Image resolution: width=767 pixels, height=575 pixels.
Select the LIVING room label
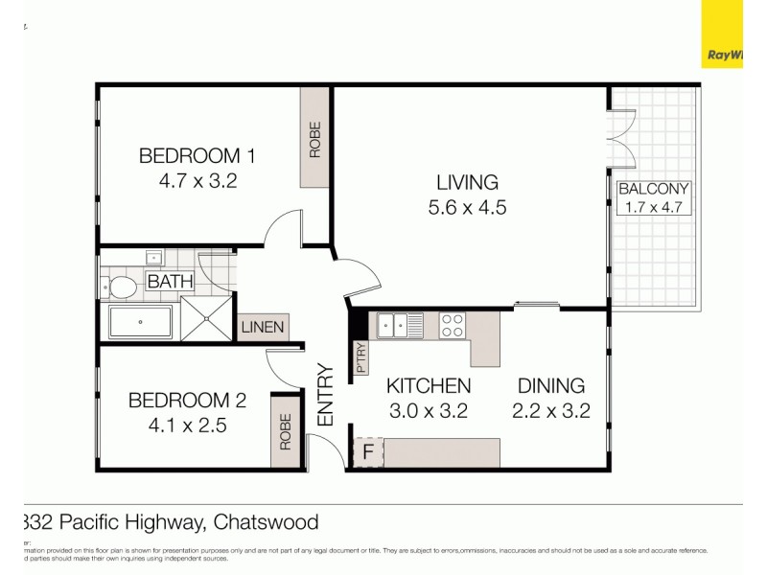coord(467,182)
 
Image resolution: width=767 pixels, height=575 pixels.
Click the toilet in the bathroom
coord(121,287)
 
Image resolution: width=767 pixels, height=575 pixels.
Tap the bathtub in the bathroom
coord(140,322)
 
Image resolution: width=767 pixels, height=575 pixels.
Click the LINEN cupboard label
coord(262,327)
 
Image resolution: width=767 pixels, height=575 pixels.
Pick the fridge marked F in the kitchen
coord(366,452)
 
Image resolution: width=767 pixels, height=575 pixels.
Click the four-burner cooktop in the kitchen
coord(452,326)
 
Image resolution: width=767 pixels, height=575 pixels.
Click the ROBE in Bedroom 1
coord(314,139)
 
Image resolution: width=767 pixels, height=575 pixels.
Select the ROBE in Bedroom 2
coord(285,431)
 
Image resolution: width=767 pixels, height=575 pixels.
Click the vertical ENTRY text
coord(325,394)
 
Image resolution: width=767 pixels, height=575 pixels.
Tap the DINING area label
coord(551,386)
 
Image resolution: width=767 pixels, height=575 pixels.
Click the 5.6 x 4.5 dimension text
coord(467,207)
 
